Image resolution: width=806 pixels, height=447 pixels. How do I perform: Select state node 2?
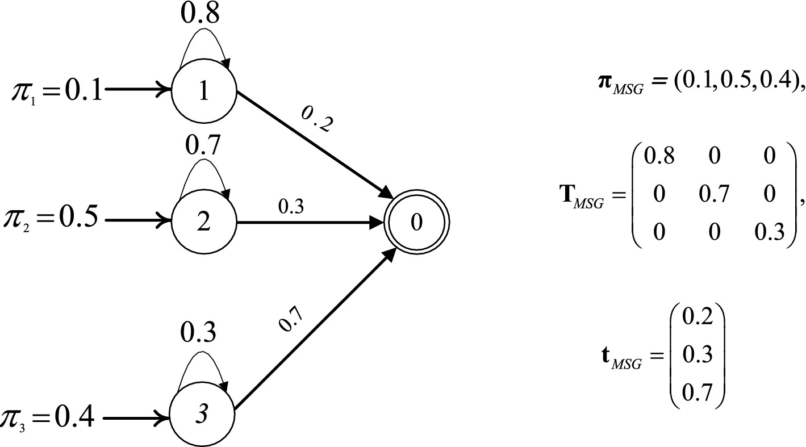pos(203,222)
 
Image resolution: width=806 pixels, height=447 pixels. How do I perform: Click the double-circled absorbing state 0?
pos(416,223)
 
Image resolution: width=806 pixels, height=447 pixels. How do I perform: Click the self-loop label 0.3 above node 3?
pos(199,332)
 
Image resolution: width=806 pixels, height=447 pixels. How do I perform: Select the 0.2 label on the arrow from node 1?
pos(316,118)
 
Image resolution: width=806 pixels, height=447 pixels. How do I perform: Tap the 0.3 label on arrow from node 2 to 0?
pos(291,207)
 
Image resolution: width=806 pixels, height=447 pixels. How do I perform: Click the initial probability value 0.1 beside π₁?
pos(83,91)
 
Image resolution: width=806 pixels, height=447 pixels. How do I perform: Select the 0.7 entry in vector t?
pos(696,391)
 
